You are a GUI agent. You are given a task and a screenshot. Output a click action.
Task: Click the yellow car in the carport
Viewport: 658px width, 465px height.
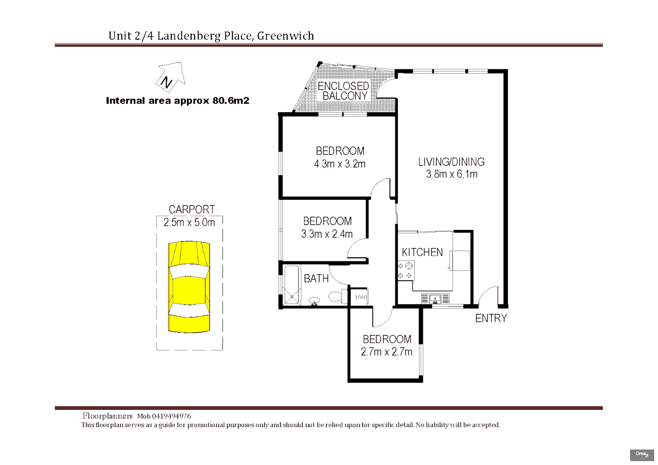tap(189, 287)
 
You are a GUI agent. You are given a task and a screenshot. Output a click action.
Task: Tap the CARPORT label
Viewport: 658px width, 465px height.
tap(192, 210)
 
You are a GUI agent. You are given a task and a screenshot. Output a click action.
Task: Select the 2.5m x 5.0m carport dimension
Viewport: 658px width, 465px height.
tap(189, 223)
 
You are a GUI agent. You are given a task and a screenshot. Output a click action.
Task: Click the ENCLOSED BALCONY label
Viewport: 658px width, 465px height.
tap(344, 91)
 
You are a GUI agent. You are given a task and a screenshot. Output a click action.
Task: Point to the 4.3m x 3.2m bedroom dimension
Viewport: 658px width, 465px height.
tap(340, 164)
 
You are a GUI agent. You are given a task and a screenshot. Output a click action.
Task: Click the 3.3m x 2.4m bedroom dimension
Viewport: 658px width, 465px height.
tap(327, 234)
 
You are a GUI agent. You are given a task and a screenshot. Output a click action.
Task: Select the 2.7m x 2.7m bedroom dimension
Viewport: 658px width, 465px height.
tap(386, 352)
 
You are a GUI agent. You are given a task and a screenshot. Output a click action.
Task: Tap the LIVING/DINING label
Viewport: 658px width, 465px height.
tap(451, 162)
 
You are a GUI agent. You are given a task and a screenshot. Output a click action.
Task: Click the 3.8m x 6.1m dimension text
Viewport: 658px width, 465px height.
tap(452, 174)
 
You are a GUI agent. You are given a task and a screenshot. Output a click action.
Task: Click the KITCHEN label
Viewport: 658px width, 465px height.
tap(422, 252)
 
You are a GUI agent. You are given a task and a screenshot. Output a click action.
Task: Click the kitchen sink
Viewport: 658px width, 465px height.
tap(435, 298)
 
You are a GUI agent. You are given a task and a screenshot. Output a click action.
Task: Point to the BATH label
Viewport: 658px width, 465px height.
tap(316, 279)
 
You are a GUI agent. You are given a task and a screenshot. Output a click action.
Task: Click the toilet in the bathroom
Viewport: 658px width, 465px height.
tap(336, 296)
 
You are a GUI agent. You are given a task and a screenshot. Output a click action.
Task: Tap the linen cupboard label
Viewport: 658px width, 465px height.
tap(361, 297)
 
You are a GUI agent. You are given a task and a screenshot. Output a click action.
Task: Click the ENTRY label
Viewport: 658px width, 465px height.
tap(491, 319)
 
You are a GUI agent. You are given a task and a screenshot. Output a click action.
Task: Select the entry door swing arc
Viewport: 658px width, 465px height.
tap(488, 295)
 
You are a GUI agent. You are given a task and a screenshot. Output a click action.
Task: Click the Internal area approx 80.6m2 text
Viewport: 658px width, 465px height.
tap(177, 101)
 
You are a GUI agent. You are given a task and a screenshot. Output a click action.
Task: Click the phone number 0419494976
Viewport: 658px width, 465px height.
tap(171, 416)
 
